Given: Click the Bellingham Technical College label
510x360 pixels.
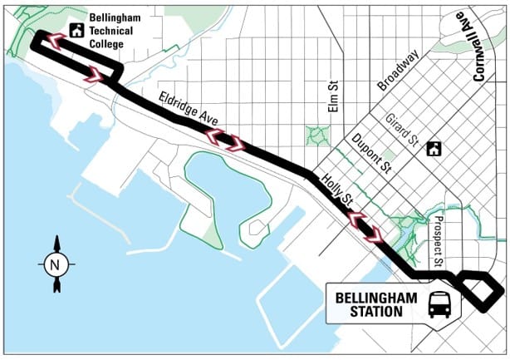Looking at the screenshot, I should pyautogui.click(x=118, y=31).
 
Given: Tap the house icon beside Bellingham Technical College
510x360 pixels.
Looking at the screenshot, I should pyautogui.click(x=76, y=31).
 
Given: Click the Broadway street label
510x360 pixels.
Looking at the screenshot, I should pyautogui.click(x=397, y=73).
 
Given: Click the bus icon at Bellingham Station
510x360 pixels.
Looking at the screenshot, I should pyautogui.click(x=439, y=304).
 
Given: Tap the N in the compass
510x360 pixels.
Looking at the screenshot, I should pyautogui.click(x=56, y=266).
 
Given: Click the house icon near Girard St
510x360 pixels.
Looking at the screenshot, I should pyautogui.click(x=433, y=149).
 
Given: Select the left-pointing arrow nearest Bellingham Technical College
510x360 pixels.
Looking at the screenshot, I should pyautogui.click(x=53, y=41).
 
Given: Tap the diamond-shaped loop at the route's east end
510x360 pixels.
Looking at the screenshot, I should pyautogui.click(x=483, y=290).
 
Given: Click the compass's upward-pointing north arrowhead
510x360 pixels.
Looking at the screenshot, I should pyautogui.click(x=56, y=244).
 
